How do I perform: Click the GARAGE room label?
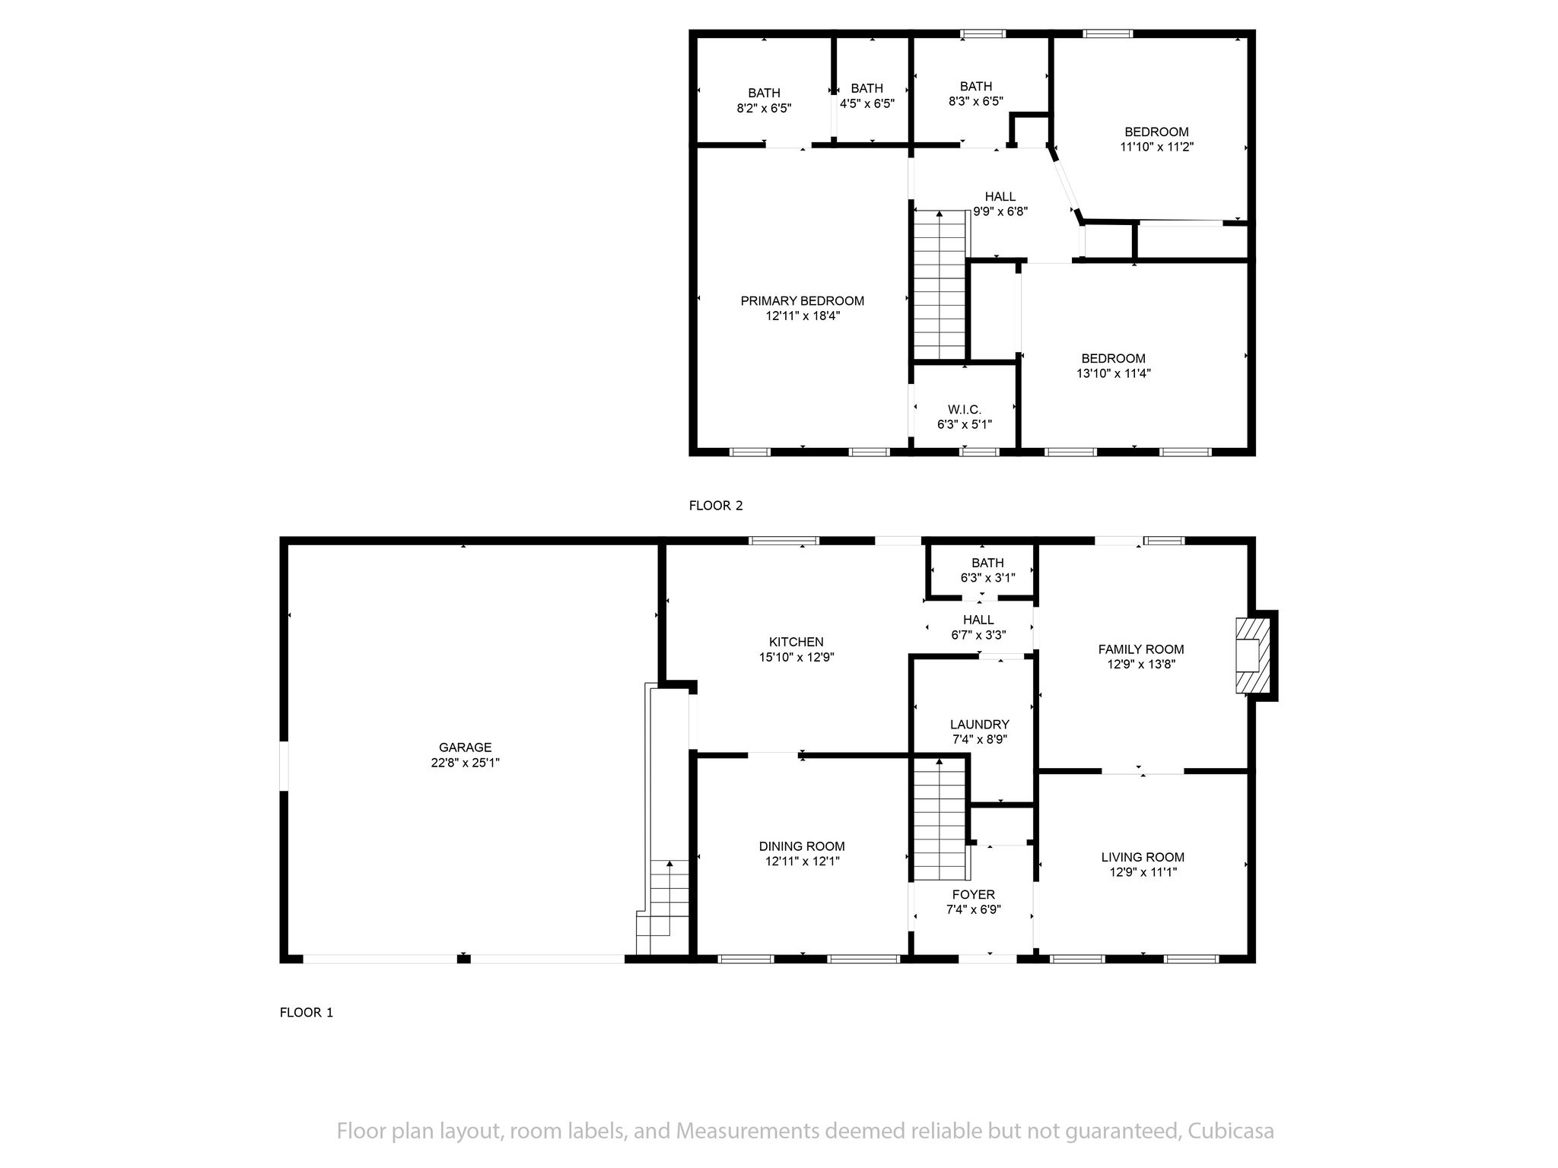(x=465, y=747)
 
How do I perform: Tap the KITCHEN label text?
(x=796, y=642)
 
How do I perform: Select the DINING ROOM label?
(x=802, y=846)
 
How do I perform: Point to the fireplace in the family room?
(x=1252, y=655)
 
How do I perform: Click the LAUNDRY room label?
(x=980, y=725)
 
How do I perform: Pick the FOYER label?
(x=973, y=894)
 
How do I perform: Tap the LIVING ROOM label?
(x=1143, y=857)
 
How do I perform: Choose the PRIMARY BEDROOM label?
(x=803, y=301)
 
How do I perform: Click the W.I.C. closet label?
(x=965, y=410)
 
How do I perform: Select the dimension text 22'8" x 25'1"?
(x=465, y=763)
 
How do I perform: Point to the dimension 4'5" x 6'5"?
(x=867, y=103)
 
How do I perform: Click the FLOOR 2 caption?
(x=716, y=506)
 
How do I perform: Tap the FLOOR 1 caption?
(x=307, y=1013)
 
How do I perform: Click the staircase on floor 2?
(x=940, y=285)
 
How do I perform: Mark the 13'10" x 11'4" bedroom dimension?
(x=1114, y=373)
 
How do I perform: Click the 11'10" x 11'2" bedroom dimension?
(x=1156, y=147)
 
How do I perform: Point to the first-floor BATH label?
(x=987, y=563)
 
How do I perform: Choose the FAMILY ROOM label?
(x=1141, y=649)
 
